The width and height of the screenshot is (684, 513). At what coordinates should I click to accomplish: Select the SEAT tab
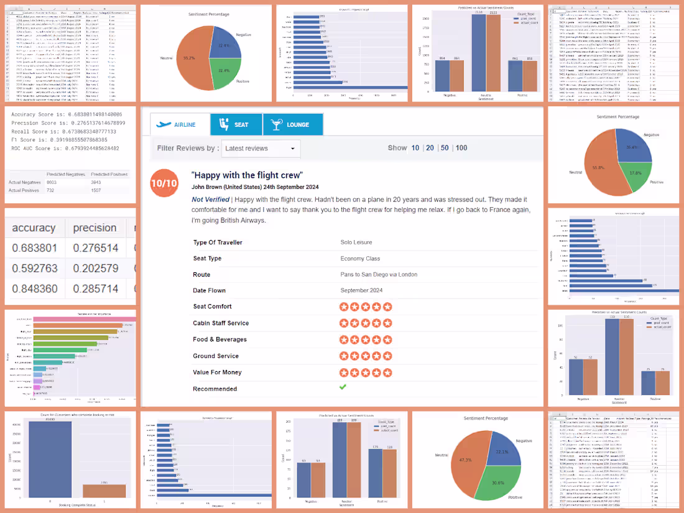point(236,124)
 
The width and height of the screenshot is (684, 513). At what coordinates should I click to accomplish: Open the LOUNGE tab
point(292,124)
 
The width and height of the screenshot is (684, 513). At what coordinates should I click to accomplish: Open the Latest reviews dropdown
point(261,149)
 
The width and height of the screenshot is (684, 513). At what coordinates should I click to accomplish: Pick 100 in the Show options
point(461,148)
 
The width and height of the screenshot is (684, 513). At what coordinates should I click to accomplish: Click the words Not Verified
point(210,200)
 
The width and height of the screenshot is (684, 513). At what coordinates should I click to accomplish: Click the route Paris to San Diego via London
point(379,274)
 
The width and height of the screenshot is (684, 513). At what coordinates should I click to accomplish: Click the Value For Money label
point(217,372)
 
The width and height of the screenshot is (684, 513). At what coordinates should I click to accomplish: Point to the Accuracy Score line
point(67,114)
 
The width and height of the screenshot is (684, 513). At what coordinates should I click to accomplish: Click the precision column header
point(95,228)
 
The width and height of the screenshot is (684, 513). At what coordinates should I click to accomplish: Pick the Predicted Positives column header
point(109,174)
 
